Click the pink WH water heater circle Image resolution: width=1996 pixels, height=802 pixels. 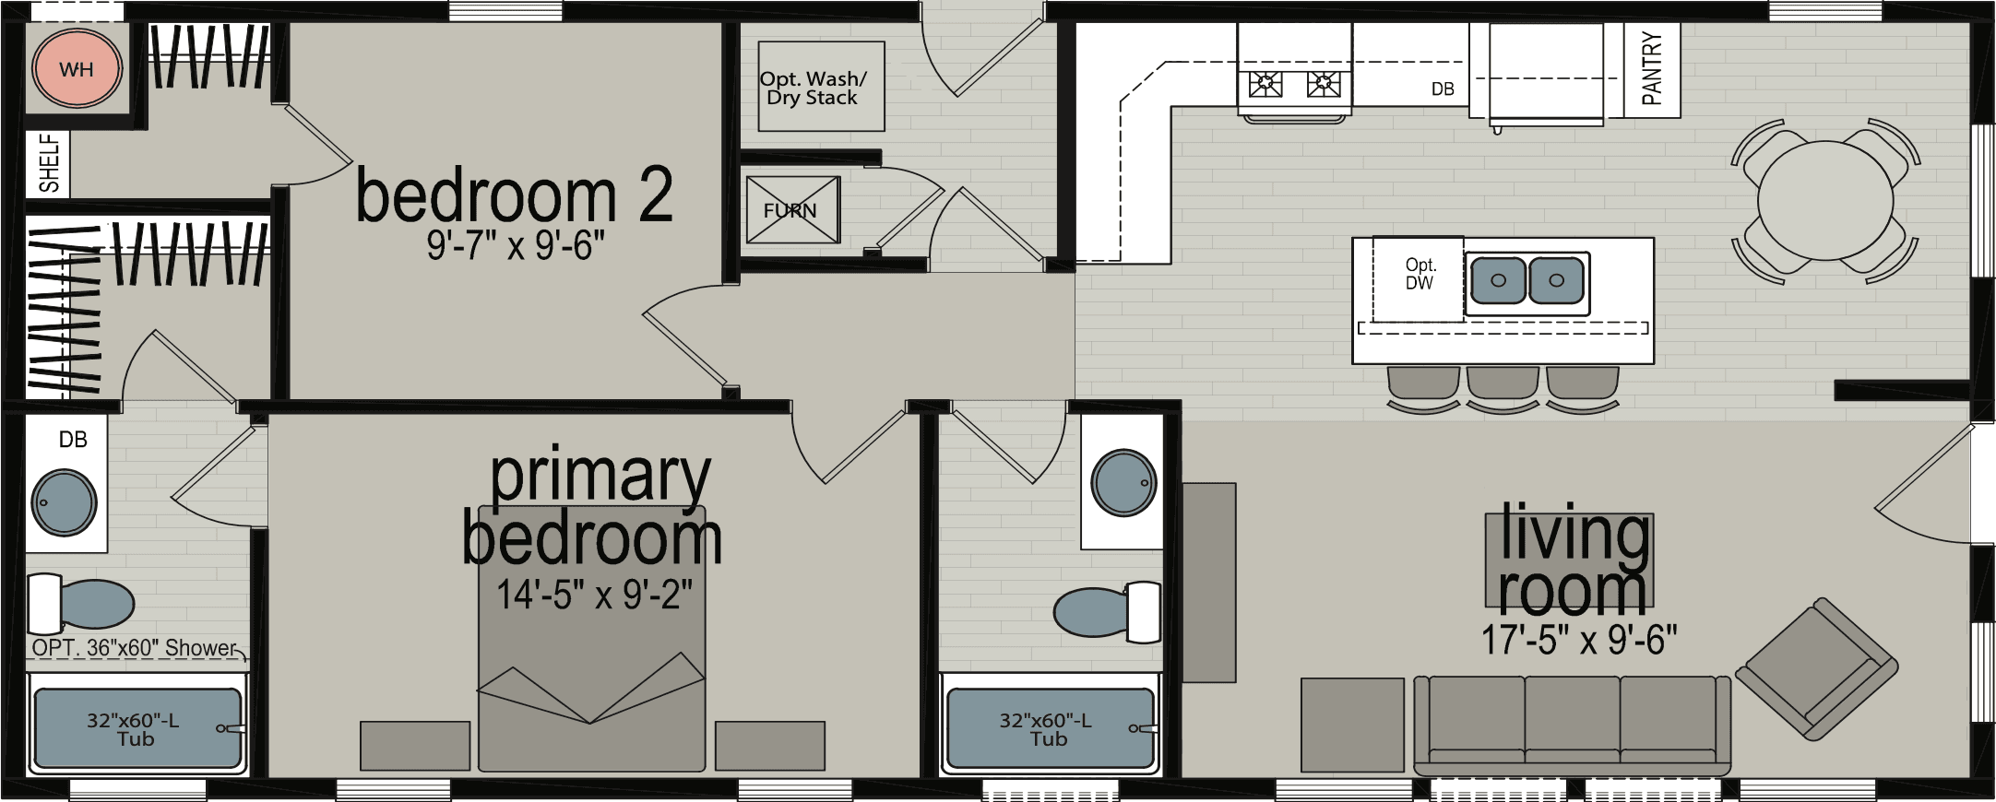click(77, 69)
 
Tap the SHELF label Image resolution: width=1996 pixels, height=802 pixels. click(49, 163)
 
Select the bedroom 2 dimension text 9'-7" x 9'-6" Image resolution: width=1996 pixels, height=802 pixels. click(516, 246)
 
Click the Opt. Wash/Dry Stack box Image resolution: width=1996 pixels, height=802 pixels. click(812, 87)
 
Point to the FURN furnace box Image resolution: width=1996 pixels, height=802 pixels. click(792, 210)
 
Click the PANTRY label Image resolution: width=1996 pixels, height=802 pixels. click(1651, 69)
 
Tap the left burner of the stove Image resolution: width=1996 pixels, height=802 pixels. click(1265, 85)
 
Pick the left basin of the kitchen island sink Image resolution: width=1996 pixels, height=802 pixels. click(1497, 280)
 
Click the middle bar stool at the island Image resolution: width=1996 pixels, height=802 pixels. click(1503, 383)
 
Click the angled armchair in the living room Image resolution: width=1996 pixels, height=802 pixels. click(1815, 667)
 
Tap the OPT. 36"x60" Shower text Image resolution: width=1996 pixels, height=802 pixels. click(135, 648)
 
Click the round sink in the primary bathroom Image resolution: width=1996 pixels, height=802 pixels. click(64, 502)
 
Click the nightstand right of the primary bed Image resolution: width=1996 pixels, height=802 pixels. click(769, 746)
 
